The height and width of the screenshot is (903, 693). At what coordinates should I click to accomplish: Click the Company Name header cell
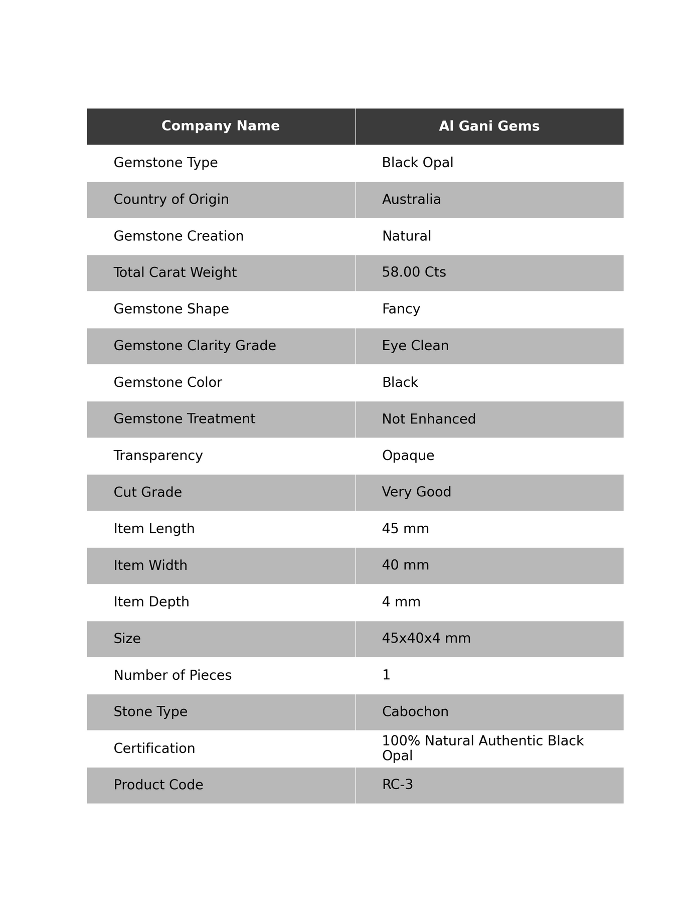coord(221,126)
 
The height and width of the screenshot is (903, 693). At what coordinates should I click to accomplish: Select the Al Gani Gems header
coord(489,126)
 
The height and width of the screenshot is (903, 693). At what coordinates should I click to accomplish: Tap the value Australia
coord(411,200)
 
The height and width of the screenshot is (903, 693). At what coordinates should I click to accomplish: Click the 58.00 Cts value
coord(414,272)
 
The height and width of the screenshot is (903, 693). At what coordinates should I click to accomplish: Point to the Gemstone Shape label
coord(171,309)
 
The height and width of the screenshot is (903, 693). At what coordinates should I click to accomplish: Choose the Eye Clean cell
coord(415,346)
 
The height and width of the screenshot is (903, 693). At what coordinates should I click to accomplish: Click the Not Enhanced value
coord(429,419)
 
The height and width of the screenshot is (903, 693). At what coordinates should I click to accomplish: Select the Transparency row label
coord(158,456)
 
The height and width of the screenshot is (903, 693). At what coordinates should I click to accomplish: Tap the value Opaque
coord(408,456)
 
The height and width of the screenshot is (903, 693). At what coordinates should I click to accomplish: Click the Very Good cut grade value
coord(416,492)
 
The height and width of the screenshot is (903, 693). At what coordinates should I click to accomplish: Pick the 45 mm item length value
coord(405,529)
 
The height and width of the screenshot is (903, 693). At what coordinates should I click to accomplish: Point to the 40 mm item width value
coord(405,565)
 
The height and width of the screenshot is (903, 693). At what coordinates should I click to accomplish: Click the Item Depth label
coord(151,602)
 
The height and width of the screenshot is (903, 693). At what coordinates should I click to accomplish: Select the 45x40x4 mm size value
coord(426,639)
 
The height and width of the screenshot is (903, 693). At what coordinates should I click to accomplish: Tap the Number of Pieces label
coord(172,675)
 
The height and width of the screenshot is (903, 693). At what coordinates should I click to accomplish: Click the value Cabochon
coord(415,712)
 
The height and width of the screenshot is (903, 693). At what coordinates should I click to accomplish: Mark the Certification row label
coord(154,748)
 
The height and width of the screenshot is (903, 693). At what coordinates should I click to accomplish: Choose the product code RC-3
coord(397,785)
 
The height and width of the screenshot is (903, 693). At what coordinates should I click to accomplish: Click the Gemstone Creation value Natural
coord(406,236)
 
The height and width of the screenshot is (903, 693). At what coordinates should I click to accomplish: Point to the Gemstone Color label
coord(167,382)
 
